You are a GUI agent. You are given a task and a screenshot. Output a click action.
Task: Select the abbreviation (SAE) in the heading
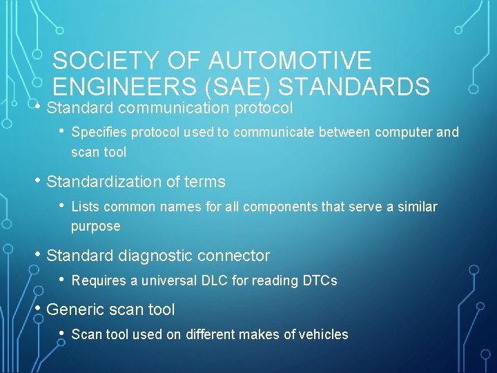coord(218,86)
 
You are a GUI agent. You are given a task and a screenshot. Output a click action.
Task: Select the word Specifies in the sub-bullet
coord(97,132)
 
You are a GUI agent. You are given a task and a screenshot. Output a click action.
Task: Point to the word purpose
coord(95,227)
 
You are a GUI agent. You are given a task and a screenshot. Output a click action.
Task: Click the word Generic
coord(73,309)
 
